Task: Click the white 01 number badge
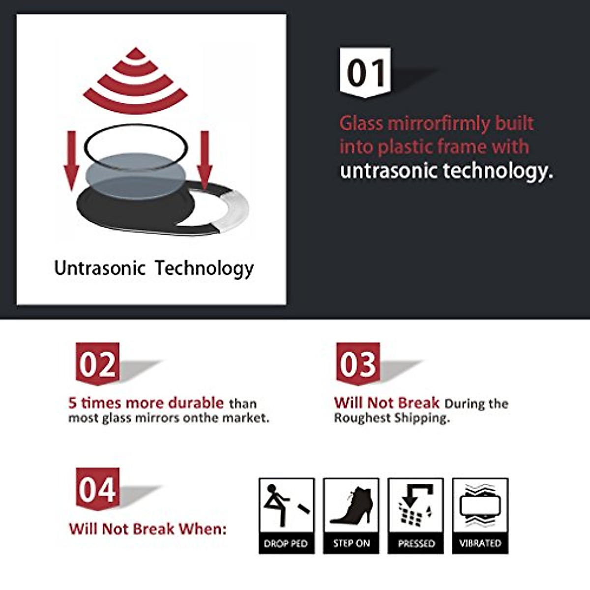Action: click(365, 72)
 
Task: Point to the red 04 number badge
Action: click(97, 489)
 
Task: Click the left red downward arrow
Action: click(72, 160)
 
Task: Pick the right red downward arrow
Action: click(204, 160)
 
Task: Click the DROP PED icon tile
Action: click(286, 516)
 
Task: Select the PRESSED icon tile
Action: click(416, 516)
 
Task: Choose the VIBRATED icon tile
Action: click(480, 516)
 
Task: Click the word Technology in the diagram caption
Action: click(204, 268)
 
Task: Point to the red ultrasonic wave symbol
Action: click(135, 81)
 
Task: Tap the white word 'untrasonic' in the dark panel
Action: click(389, 171)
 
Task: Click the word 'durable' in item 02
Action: click(196, 403)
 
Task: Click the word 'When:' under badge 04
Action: click(203, 529)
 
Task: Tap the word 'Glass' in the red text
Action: click(361, 123)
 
